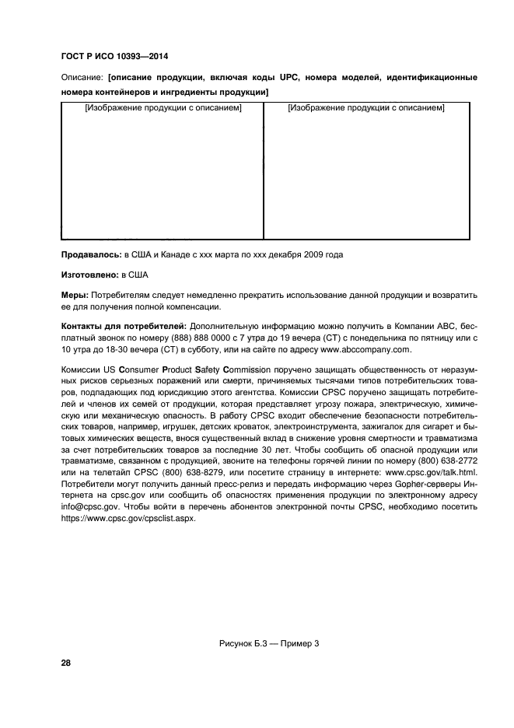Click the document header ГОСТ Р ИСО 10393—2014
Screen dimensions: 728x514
[x=114, y=57]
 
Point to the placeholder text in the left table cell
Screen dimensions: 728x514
[x=163, y=108]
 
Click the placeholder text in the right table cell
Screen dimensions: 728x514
[x=365, y=108]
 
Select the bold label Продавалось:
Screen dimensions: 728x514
[x=90, y=254]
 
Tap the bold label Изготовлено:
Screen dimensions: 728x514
[x=89, y=275]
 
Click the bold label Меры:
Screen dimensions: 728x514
[x=75, y=296]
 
